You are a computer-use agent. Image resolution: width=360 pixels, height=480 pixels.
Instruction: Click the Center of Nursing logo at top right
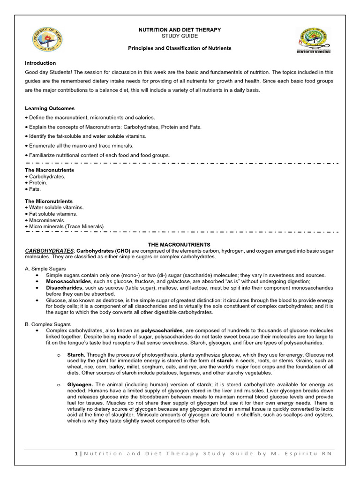[314, 40]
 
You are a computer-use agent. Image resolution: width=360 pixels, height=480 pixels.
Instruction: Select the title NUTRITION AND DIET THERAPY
[180, 30]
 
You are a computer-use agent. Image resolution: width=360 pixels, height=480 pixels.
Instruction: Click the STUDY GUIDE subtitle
[180, 36]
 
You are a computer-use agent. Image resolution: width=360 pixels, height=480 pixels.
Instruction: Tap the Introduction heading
[40, 63]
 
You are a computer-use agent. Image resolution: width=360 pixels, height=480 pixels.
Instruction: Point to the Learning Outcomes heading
[50, 108]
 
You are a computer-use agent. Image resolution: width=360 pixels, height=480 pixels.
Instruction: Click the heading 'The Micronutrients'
[49, 201]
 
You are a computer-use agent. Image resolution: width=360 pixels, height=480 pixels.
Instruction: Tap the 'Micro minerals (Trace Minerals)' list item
[66, 226]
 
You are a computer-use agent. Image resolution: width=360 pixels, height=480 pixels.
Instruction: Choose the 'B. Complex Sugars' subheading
[48, 324]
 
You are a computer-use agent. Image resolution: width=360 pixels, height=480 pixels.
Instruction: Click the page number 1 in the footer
[76, 453]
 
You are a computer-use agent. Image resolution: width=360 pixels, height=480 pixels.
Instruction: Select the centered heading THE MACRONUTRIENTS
[179, 245]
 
